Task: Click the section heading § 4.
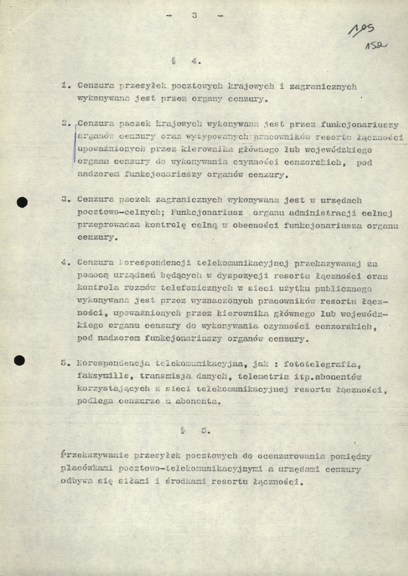(186, 62)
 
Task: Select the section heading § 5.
(196, 431)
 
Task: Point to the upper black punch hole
(22, 202)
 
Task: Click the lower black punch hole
(19, 360)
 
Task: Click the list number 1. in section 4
(65, 86)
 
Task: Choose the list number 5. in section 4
(64, 363)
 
